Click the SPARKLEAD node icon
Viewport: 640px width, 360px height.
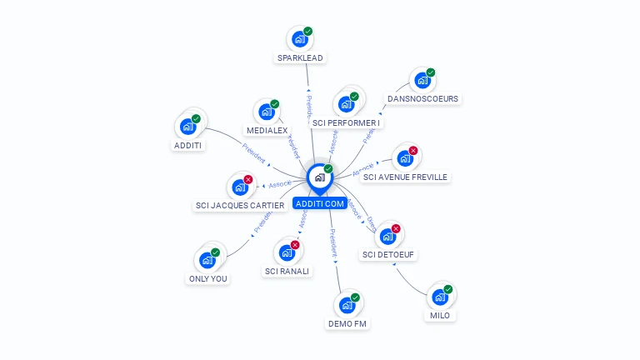pos(300,38)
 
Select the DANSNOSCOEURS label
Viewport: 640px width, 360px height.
pos(422,98)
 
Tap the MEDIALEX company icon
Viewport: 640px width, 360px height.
pos(267,112)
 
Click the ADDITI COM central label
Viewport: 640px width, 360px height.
pos(319,203)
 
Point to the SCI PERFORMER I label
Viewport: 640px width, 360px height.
pos(346,123)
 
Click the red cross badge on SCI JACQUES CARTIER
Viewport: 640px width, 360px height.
pos(247,179)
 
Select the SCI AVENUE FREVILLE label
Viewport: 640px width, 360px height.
pos(406,177)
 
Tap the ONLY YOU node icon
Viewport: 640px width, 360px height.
pos(207,260)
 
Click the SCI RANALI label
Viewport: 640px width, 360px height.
pos(287,271)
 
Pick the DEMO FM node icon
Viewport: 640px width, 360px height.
pos(347,305)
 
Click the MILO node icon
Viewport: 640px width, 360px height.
pos(440,297)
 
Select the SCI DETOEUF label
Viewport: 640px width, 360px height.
pos(388,254)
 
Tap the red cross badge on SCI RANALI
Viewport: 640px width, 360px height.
pos(295,245)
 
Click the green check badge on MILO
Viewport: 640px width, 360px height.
pos(448,289)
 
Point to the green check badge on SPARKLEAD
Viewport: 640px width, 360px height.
pos(308,31)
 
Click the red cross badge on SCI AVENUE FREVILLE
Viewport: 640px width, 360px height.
pos(413,151)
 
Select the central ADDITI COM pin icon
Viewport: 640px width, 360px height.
pos(319,177)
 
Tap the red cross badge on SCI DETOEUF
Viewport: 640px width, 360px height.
pos(396,228)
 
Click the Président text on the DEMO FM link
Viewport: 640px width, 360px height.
pos(334,242)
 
